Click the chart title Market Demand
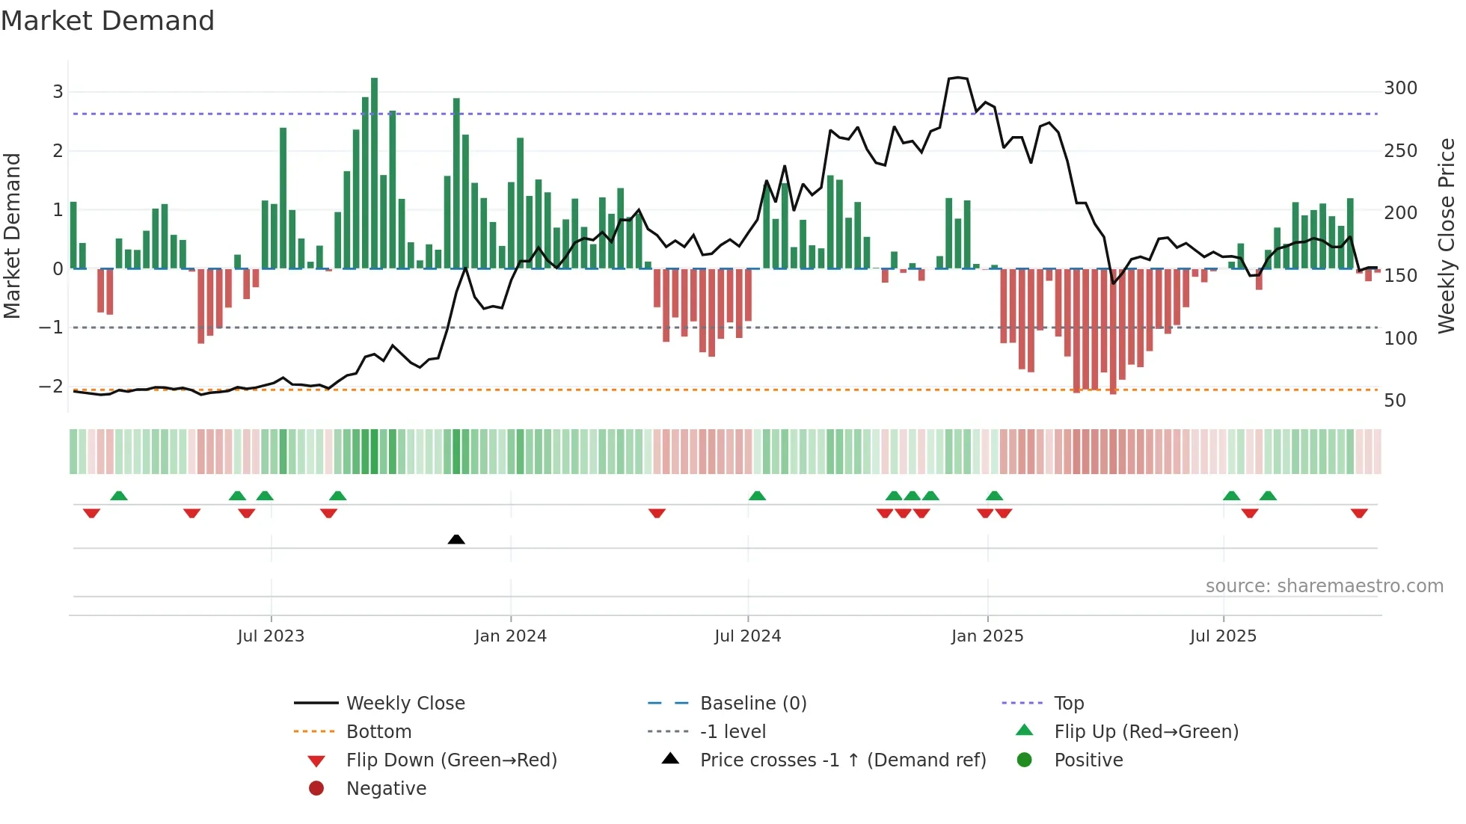pyautogui.click(x=108, y=21)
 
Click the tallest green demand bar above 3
pyautogui.click(x=374, y=172)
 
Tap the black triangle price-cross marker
pyautogui.click(x=456, y=539)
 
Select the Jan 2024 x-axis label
pyautogui.click(x=510, y=636)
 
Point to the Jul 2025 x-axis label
pyautogui.click(x=1223, y=636)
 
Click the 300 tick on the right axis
pyautogui.click(x=1400, y=88)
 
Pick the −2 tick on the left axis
pyautogui.click(x=51, y=387)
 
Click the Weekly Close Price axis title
pyautogui.click(x=1447, y=236)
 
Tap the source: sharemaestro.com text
pyautogui.click(x=1324, y=586)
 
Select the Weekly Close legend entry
pyautogui.click(x=405, y=704)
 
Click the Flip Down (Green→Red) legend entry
pyautogui.click(x=451, y=760)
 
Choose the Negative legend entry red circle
pyautogui.click(x=316, y=789)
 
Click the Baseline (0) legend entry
pyautogui.click(x=752, y=704)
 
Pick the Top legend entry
pyautogui.click(x=1068, y=704)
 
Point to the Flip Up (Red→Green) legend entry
pyautogui.click(x=1146, y=732)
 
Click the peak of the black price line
pyautogui.click(x=958, y=78)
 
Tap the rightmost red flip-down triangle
pyautogui.click(x=1359, y=513)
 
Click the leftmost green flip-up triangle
pyautogui.click(x=119, y=496)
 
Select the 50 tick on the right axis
pyautogui.click(x=1394, y=401)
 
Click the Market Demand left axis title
pyautogui.click(x=13, y=236)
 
